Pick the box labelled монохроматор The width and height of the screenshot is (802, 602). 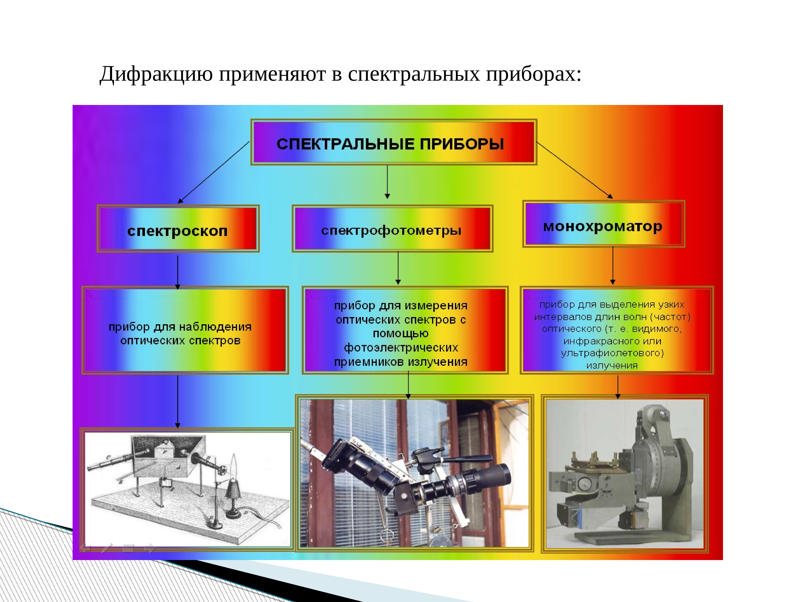(x=603, y=224)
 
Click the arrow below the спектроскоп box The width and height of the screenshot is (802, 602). (x=178, y=272)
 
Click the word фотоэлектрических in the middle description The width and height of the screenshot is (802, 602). (x=401, y=348)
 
